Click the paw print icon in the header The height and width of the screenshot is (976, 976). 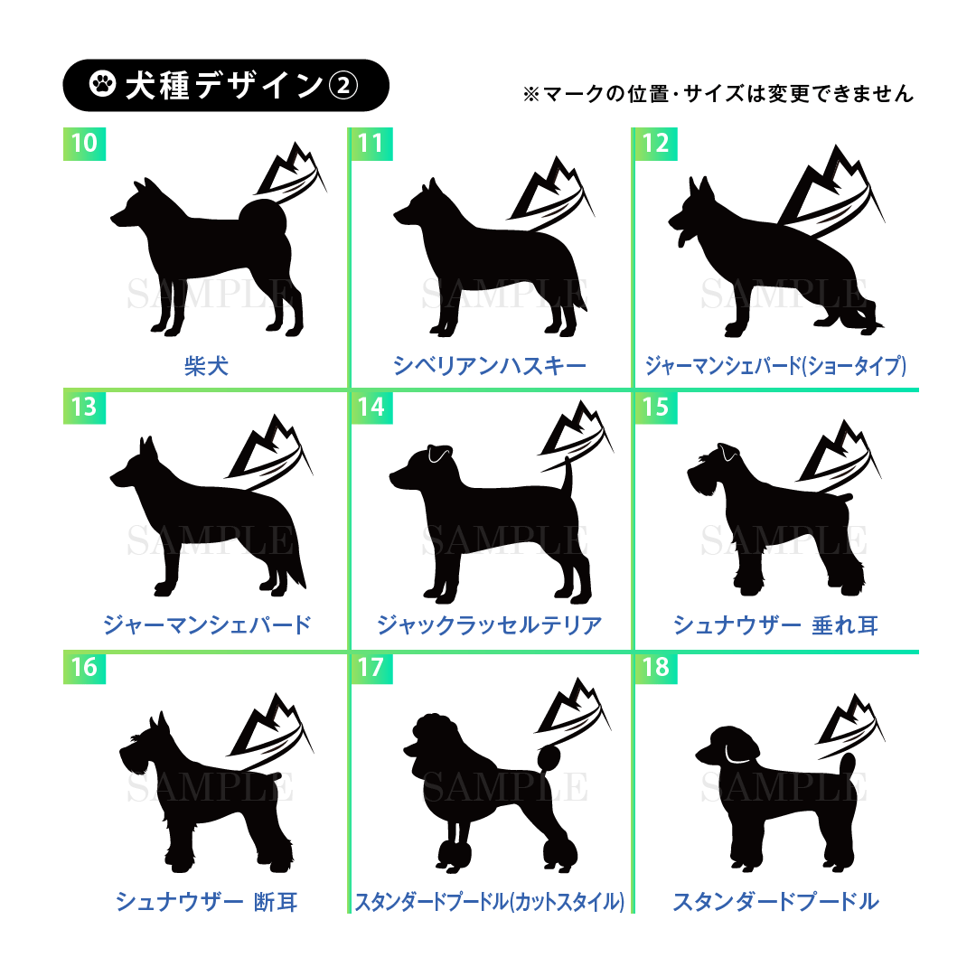point(102,84)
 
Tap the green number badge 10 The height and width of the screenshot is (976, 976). point(85,144)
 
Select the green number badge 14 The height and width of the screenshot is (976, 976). point(371,407)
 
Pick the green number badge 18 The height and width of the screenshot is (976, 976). point(656,667)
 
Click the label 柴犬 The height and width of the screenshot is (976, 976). point(206,366)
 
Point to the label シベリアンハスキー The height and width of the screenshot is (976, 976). point(490,366)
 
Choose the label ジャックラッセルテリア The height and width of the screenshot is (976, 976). point(490,625)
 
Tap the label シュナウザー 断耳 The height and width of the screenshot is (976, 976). point(206,901)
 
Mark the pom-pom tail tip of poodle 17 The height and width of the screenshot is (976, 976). point(549,758)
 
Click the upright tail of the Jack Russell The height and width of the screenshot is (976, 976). point(568,477)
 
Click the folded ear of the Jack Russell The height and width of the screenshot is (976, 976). point(439,455)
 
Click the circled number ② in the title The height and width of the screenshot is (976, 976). point(343,85)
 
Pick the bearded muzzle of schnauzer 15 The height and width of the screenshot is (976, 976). point(699,481)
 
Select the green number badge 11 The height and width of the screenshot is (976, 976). point(371,144)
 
